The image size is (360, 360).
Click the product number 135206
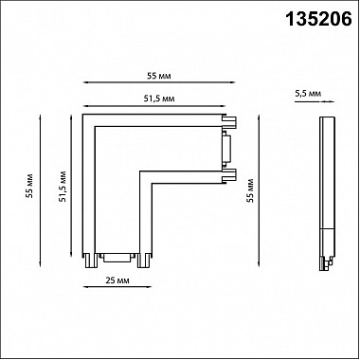[x=318, y=19]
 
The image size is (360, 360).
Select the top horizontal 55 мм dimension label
[x=159, y=76]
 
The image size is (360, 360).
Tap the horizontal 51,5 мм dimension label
[x=159, y=99]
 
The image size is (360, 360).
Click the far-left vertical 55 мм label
[x=30, y=189]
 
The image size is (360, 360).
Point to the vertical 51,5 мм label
[x=63, y=187]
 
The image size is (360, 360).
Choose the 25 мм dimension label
[x=117, y=280]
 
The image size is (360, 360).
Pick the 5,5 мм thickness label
[x=308, y=94]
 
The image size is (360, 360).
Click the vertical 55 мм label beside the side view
[x=250, y=190]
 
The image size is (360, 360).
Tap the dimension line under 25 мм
[x=117, y=287]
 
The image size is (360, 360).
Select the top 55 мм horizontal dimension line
[x=159, y=82]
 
